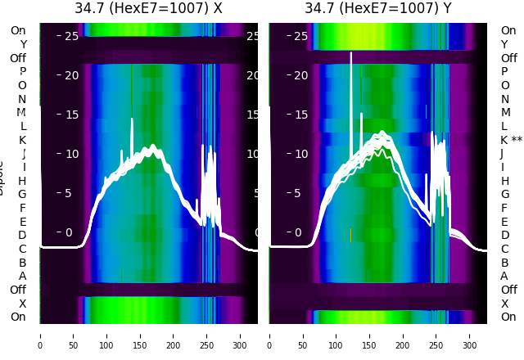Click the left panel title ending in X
[148, 9]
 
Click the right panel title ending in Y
[378, 9]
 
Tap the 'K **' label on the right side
[511, 140]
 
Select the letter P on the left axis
[23, 71]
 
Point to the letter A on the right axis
[504, 276]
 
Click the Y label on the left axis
[23, 44]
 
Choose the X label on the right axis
[504, 304]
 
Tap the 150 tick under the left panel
[140, 335]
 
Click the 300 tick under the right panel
[471, 335]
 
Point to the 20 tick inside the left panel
[70, 75]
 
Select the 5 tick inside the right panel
[299, 194]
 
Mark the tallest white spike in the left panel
[131, 121]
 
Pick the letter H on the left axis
[23, 181]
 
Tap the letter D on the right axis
[504, 235]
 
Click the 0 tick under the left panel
[39, 335]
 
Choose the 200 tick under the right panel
[404, 335]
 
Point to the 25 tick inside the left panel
[70, 36]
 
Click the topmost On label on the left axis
[18, 30]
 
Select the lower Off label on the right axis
[508, 290]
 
